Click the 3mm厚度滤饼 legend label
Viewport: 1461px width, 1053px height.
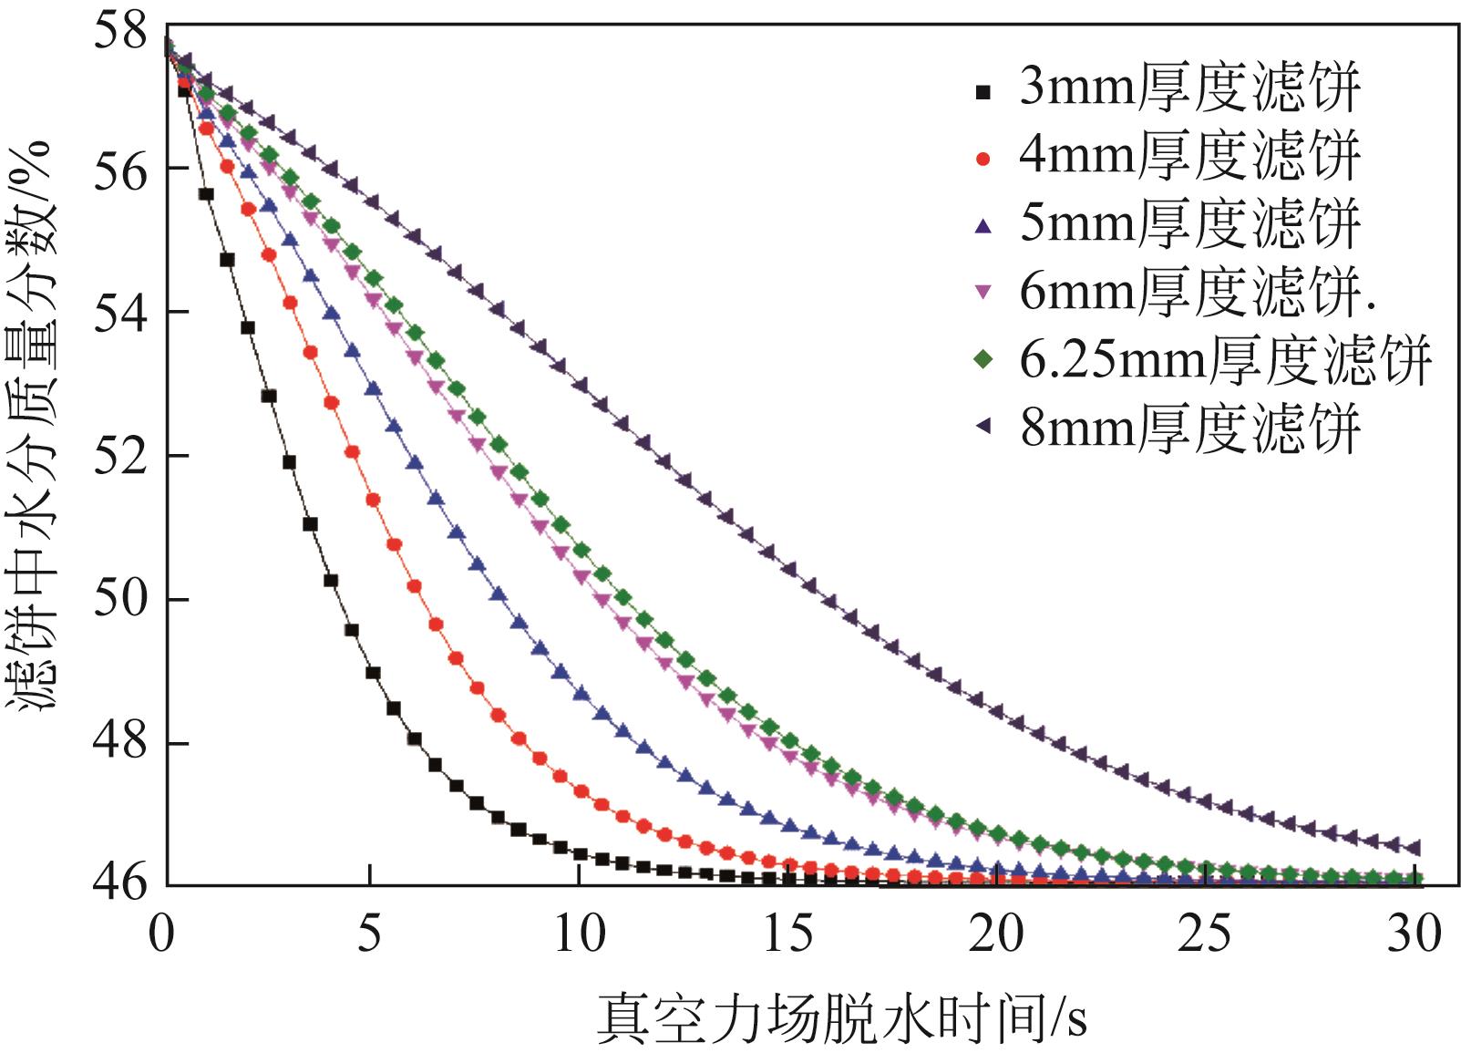point(1189,88)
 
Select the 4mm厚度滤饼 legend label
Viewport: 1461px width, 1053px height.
point(1189,157)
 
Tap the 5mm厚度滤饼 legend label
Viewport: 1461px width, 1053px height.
point(1189,224)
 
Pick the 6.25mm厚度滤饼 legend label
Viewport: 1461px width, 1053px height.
point(1225,360)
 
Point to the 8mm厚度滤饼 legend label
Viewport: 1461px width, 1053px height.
point(1189,428)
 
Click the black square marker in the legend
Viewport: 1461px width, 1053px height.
point(983,91)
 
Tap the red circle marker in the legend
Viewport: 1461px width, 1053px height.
point(983,159)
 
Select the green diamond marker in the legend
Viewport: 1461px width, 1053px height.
point(983,361)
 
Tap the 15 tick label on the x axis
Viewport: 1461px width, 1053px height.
point(787,934)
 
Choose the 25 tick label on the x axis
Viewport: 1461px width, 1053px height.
point(1205,934)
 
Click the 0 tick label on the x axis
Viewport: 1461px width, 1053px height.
point(161,934)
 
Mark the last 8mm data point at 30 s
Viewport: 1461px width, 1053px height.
point(1414,848)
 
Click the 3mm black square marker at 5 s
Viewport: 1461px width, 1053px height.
point(372,673)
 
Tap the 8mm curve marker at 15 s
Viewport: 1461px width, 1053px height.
point(789,569)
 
